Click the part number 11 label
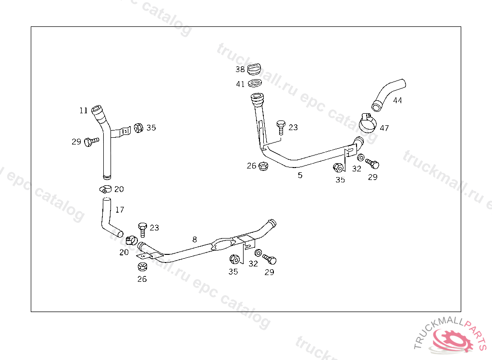pos(84,110)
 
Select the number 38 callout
pos(240,69)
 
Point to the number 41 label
pos(240,84)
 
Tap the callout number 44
pos(397,100)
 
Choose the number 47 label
pos(384,128)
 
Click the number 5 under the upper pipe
pos(300,175)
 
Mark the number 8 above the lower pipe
pos(195,239)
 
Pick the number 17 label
pos(120,210)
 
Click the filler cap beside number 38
pos(255,69)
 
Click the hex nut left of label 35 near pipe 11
pos(137,128)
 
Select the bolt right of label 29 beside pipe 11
pos(90,142)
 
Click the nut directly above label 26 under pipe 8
pos(142,267)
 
